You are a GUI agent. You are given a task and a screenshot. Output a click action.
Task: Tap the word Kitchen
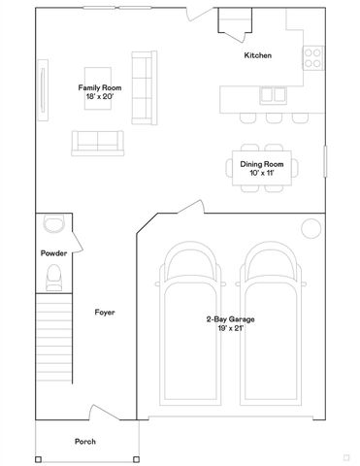(258, 55)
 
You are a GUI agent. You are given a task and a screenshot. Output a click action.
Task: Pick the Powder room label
(53, 253)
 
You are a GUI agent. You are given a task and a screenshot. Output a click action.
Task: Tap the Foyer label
(106, 312)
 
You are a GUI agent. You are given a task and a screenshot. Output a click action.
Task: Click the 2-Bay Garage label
(230, 319)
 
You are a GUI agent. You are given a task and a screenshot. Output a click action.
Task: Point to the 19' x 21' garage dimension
(230, 328)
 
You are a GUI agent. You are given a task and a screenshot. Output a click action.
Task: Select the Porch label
(85, 442)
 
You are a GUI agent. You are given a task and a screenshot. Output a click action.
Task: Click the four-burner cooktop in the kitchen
(313, 57)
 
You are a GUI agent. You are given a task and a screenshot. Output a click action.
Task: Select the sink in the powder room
(53, 224)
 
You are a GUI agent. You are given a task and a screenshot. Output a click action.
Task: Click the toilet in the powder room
(53, 280)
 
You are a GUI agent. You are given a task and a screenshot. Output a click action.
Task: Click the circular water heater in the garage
(311, 228)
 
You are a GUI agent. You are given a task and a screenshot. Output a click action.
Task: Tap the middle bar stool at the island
(271, 118)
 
